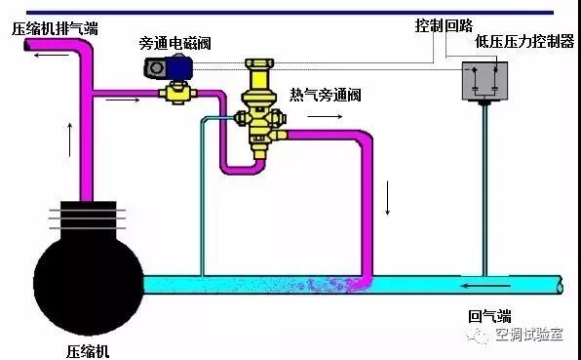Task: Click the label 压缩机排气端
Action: pyautogui.click(x=55, y=27)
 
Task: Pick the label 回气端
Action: pyautogui.click(x=489, y=316)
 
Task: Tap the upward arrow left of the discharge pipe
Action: pyautogui.click(x=69, y=140)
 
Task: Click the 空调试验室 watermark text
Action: pyautogui.click(x=529, y=336)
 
